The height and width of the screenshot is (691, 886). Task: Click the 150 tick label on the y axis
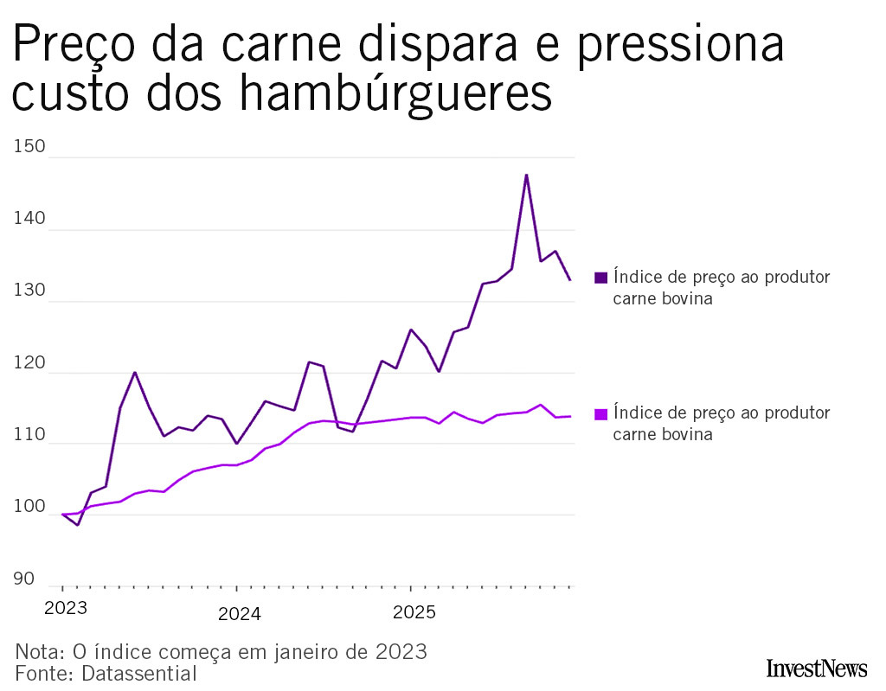tap(29, 147)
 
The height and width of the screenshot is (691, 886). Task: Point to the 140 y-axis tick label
tap(29, 220)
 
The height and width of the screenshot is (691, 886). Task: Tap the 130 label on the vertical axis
tap(29, 291)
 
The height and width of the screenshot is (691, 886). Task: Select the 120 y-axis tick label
tap(29, 363)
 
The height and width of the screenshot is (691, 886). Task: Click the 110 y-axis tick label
tap(29, 435)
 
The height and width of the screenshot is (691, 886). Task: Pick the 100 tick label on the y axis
tap(29, 507)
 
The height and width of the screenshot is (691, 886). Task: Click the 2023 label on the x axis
tap(65, 608)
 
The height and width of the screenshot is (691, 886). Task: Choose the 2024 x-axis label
tap(239, 614)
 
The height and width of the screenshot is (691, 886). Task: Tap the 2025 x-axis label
tap(414, 613)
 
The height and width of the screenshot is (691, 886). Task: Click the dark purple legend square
tap(600, 278)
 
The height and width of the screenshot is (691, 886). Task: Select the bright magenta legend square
tap(600, 414)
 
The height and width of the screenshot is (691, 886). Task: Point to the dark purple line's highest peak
tap(526, 175)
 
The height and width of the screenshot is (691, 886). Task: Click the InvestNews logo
tap(816, 668)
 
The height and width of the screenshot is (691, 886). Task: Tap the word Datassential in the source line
tap(139, 673)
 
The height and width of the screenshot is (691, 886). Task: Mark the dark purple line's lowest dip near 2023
tap(77, 525)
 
